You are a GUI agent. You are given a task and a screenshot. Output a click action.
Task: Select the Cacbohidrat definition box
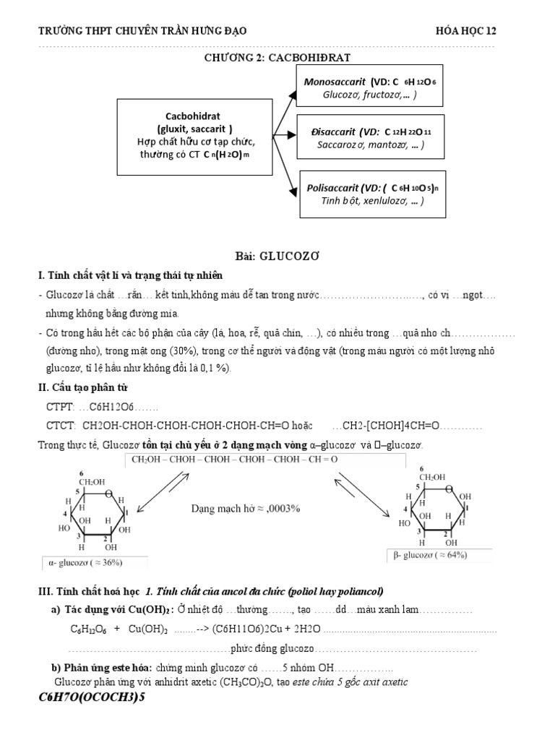(195, 137)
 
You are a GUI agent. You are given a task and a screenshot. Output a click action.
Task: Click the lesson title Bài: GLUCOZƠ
(277, 257)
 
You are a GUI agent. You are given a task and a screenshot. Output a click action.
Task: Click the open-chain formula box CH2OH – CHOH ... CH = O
(264, 460)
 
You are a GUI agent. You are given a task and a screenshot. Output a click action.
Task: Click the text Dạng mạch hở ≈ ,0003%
(246, 508)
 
